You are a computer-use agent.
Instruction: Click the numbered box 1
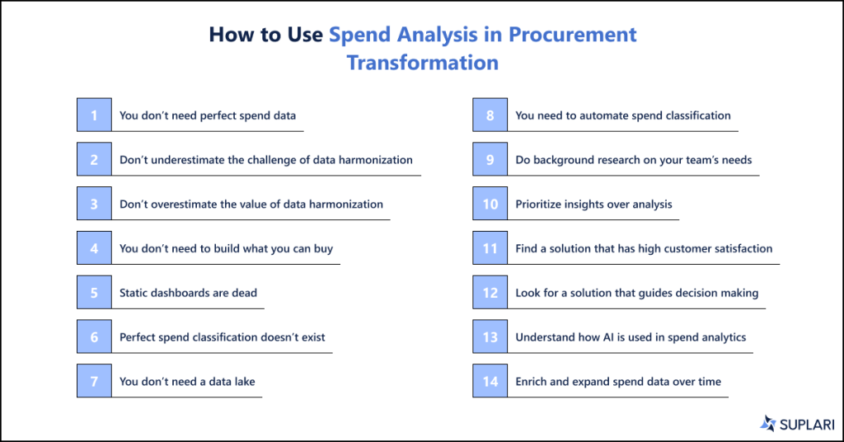94,115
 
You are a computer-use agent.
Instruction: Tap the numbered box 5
94,292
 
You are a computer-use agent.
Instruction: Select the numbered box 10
490,204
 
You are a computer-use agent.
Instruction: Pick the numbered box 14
490,381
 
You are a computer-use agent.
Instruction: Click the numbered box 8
490,115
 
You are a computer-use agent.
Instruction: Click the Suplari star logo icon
768,423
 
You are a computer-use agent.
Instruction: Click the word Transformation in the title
422,62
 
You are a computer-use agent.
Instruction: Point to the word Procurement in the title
572,35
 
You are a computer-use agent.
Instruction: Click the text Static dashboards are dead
188,293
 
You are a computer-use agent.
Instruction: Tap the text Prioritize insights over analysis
593,204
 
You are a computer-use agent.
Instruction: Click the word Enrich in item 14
532,382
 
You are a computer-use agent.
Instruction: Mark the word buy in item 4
323,248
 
